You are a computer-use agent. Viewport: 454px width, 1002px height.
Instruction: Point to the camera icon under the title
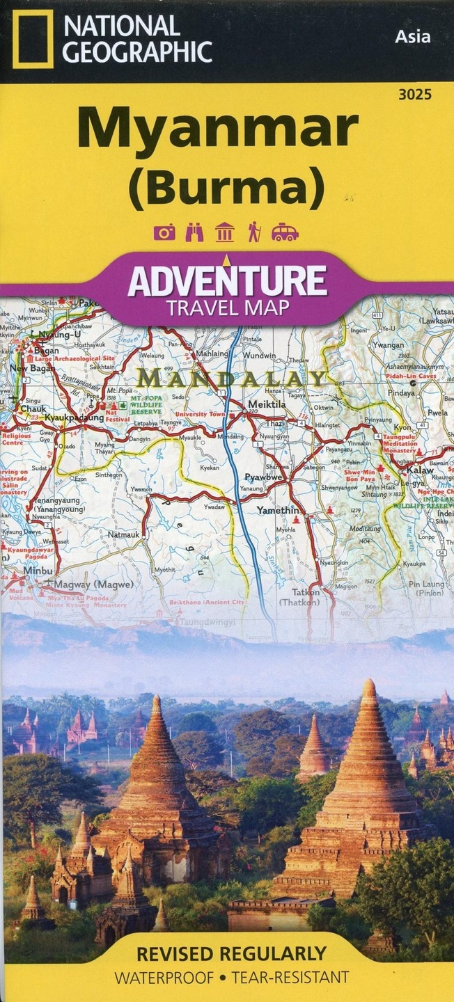pyautogui.click(x=165, y=232)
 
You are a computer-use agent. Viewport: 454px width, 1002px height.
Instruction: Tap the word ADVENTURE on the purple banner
pyautogui.click(x=227, y=281)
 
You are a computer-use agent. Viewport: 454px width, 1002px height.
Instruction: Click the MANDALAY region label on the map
pyautogui.click(x=233, y=379)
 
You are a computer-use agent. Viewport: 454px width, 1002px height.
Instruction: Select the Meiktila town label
pyautogui.click(x=265, y=404)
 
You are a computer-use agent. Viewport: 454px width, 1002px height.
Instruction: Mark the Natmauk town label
pyautogui.click(x=126, y=534)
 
